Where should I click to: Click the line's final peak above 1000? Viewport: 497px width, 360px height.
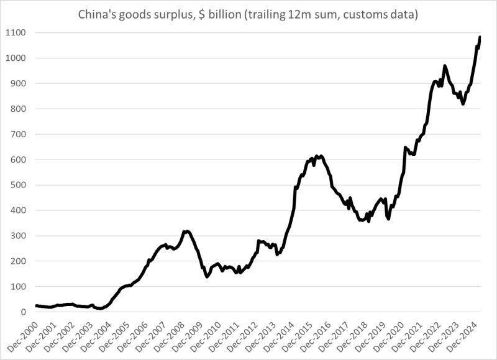tap(480, 37)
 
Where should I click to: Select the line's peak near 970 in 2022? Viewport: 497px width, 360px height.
tap(444, 65)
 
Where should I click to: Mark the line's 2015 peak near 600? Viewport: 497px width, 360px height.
tap(317, 156)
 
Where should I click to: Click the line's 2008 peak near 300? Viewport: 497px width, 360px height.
tap(185, 231)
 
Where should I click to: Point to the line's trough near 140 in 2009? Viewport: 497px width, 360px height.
tap(207, 277)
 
